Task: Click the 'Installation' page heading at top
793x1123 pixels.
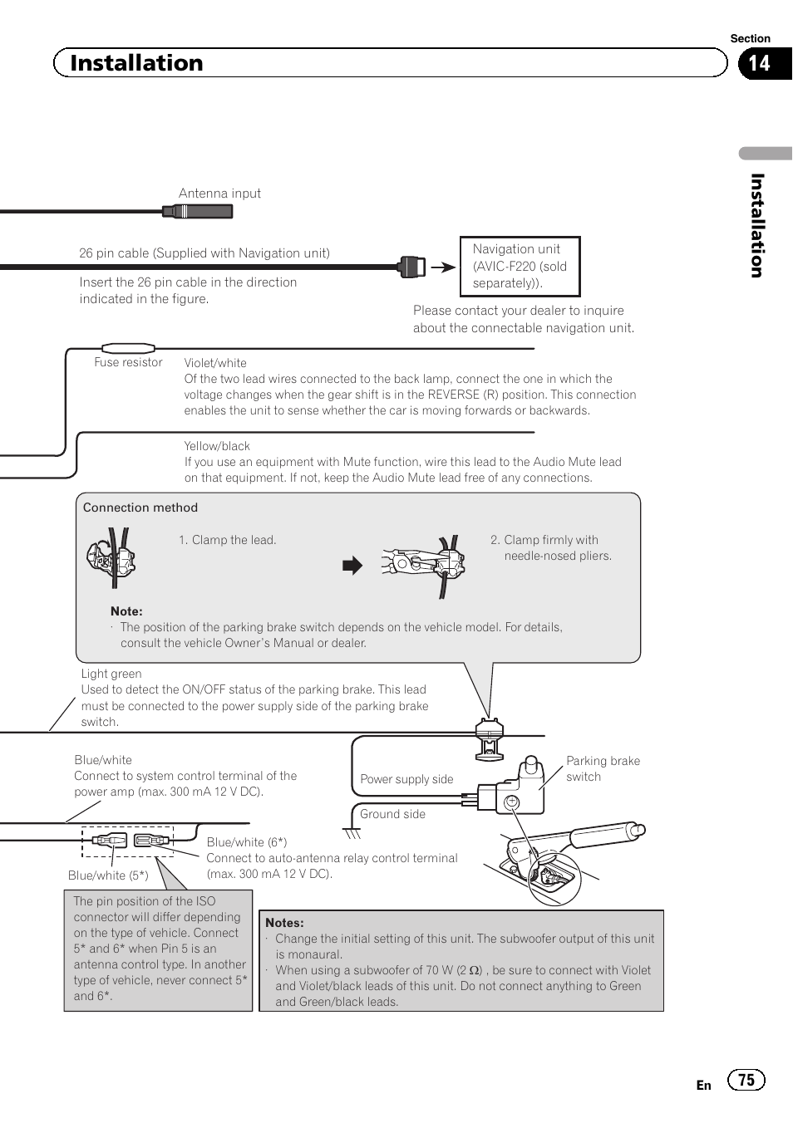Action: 136,63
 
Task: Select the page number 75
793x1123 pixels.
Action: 746,1079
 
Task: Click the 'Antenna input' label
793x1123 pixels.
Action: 219,194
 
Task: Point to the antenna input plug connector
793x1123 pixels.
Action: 198,212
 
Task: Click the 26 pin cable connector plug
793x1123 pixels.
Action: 412,267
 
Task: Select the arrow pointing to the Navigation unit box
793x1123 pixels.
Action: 444,267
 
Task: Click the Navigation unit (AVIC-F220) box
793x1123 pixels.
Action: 520,266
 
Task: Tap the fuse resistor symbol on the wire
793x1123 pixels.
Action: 128,348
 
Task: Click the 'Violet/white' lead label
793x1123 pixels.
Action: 215,363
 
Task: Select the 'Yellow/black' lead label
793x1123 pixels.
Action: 217,446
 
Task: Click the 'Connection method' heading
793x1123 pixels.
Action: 140,508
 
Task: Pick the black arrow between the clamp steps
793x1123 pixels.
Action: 352,566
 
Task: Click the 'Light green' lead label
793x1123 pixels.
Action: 111,674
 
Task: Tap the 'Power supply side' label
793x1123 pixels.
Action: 406,779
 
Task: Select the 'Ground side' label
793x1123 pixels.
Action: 392,814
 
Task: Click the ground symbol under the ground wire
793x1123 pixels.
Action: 352,832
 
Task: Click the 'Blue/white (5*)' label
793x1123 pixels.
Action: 108,875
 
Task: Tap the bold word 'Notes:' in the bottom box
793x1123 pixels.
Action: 284,922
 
